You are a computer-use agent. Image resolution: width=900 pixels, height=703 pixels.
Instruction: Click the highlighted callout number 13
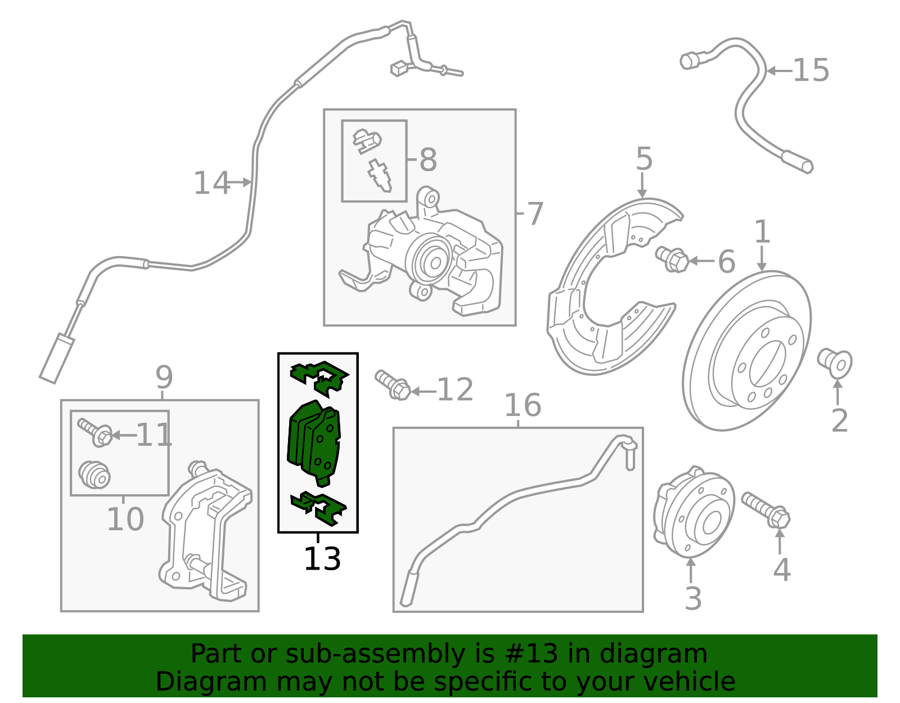click(x=322, y=558)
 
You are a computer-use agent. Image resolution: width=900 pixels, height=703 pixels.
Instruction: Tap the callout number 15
click(x=811, y=70)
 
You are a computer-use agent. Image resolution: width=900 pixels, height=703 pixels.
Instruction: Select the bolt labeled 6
click(x=672, y=259)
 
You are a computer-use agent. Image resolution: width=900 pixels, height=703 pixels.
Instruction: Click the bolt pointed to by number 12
click(x=393, y=385)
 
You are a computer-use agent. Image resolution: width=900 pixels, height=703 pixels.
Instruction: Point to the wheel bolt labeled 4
click(x=766, y=511)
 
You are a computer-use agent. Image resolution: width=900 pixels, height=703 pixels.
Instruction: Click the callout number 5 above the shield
click(x=644, y=158)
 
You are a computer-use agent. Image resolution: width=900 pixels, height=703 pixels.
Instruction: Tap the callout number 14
click(x=211, y=183)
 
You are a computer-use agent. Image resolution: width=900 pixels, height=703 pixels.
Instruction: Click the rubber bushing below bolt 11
click(x=94, y=474)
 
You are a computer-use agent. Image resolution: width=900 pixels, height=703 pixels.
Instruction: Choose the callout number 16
click(x=523, y=405)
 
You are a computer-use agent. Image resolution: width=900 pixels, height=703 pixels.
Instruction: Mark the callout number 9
click(x=164, y=378)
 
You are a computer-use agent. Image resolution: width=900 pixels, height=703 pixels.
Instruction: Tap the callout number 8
click(x=428, y=159)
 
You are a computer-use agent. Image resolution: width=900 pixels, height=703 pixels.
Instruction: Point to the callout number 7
click(x=535, y=214)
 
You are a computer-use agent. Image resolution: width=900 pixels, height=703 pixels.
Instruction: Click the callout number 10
click(x=125, y=519)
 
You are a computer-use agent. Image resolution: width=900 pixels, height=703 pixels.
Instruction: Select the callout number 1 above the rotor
click(x=762, y=231)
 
